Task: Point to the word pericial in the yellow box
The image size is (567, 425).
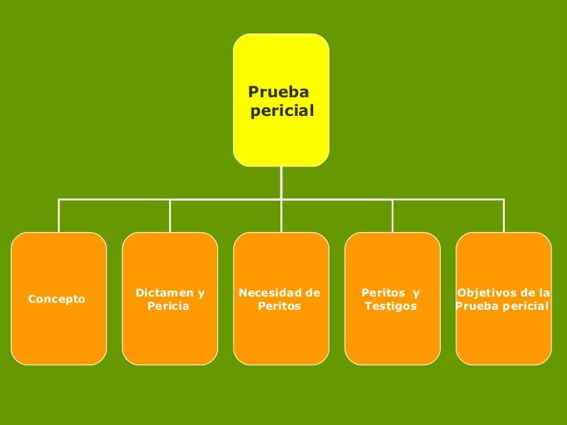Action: tap(283, 111)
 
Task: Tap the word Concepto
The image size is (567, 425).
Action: tap(57, 299)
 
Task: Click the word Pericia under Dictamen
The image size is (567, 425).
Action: tap(167, 307)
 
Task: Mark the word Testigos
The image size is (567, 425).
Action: tap(390, 307)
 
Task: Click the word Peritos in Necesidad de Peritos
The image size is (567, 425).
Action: tap(280, 307)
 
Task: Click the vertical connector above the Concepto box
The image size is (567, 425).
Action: tap(59, 216)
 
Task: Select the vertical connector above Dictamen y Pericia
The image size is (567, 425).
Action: tap(170, 216)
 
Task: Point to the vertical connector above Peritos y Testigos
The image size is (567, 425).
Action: tap(393, 216)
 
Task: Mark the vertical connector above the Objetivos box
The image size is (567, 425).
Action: tap(504, 216)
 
